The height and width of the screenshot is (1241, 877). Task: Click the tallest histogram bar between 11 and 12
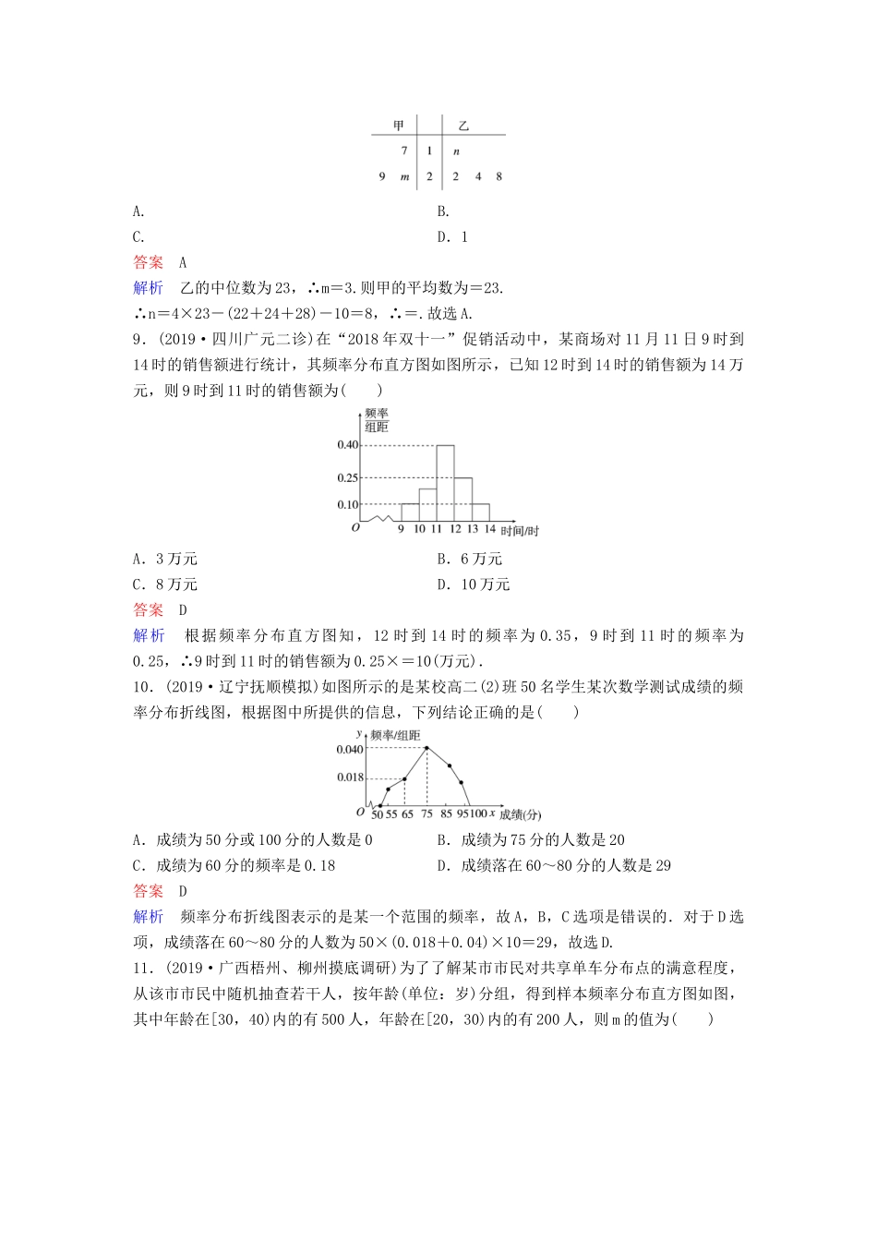click(x=445, y=483)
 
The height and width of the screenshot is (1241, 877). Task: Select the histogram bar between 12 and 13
click(x=463, y=500)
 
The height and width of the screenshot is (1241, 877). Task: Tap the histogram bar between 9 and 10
click(x=410, y=512)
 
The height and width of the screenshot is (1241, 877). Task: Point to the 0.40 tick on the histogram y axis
click(x=347, y=445)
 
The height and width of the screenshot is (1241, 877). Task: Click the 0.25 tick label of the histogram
click(x=347, y=477)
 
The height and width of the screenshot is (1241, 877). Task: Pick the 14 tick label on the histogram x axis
click(x=489, y=529)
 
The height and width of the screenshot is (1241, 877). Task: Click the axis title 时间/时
click(x=519, y=531)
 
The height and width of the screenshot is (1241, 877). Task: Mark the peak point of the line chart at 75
click(x=426, y=748)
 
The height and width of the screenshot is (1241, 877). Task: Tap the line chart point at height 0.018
click(x=404, y=778)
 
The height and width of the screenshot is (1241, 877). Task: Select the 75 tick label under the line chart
click(x=426, y=814)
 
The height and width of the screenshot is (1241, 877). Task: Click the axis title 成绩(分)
click(x=520, y=814)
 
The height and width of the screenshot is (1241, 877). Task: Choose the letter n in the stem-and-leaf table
click(x=456, y=151)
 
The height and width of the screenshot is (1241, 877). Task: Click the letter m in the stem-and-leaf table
click(x=404, y=176)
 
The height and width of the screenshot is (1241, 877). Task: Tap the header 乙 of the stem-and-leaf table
click(x=463, y=126)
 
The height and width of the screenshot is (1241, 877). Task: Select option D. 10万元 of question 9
click(x=473, y=584)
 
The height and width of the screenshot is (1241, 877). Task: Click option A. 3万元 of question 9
click(x=165, y=559)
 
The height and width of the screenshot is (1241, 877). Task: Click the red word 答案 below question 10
click(x=149, y=891)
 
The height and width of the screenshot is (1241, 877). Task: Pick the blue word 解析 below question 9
click(x=149, y=635)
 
